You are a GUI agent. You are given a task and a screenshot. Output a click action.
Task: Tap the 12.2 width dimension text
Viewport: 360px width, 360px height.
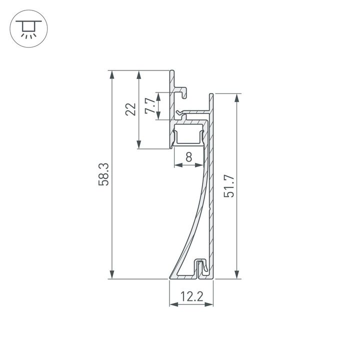(191, 297)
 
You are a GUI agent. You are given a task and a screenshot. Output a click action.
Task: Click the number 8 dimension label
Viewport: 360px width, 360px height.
(188, 157)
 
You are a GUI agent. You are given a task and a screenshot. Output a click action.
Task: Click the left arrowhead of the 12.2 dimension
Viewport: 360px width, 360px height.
(173, 304)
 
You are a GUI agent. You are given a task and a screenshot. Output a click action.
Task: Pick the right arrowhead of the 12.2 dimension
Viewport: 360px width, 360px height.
(210, 304)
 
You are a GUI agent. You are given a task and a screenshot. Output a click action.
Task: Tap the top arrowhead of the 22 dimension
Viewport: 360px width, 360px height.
(138, 74)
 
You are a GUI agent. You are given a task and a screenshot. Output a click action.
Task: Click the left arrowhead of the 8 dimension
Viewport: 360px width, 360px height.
(176, 165)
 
